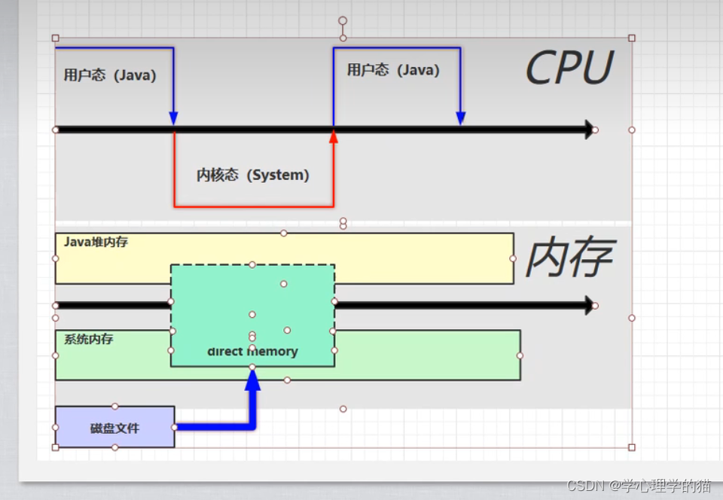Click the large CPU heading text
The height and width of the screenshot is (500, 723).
click(x=569, y=69)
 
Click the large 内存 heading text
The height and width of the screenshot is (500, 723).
click(x=569, y=259)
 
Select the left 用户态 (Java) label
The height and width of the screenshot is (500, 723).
click(x=110, y=75)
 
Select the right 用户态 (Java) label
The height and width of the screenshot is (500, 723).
click(x=393, y=70)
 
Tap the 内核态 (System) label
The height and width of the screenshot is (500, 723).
click(x=253, y=175)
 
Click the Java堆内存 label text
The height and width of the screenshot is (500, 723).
click(x=95, y=242)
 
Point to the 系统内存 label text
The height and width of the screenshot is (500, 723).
click(x=88, y=340)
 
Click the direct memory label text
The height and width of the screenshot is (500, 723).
click(x=253, y=352)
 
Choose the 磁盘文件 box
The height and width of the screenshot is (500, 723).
click(x=114, y=428)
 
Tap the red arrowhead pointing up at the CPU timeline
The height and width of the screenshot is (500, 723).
click(x=334, y=136)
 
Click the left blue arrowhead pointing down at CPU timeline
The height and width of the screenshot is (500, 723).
click(x=174, y=118)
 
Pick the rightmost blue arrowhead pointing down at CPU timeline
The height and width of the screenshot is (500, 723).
click(x=461, y=118)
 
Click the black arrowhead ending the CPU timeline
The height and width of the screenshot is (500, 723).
click(x=589, y=130)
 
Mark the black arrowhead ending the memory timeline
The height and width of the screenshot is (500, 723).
click(x=589, y=305)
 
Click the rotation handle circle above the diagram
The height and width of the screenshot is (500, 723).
click(x=343, y=21)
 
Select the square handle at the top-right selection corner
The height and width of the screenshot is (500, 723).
click(x=632, y=38)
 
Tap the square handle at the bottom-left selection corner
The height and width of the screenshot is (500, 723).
click(x=55, y=447)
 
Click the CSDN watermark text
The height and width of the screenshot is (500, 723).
click(x=639, y=486)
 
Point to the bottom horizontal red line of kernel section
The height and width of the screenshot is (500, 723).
click(x=254, y=206)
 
